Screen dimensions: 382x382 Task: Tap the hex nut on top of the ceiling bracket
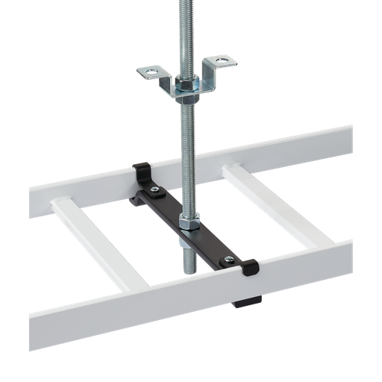186,80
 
